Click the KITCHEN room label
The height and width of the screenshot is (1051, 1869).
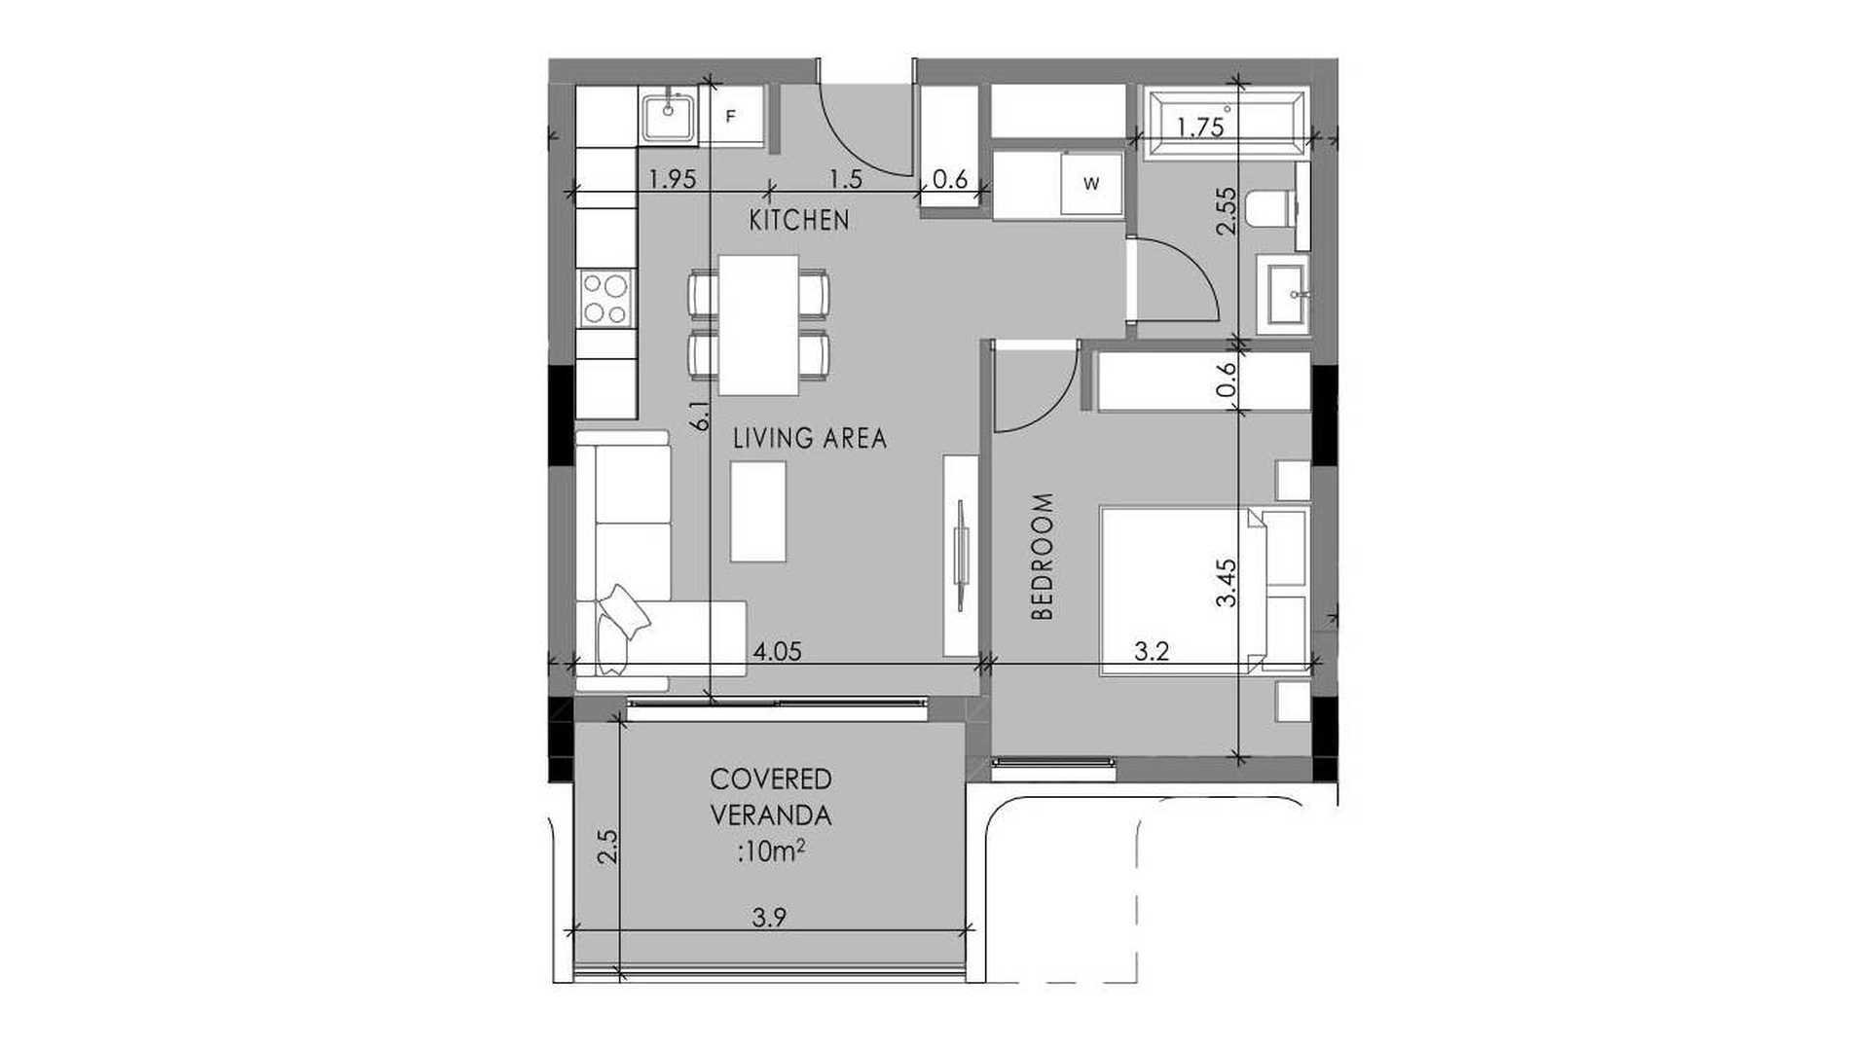799,221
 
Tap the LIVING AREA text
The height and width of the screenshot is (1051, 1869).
810,439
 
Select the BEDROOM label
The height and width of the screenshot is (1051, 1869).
1043,557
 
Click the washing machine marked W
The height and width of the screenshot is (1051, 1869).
1092,183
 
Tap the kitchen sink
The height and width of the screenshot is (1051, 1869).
669,116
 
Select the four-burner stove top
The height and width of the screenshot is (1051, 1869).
605,298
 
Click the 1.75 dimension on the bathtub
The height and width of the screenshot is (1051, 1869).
1200,128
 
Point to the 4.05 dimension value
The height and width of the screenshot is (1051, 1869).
778,651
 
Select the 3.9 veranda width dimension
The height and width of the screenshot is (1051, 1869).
769,918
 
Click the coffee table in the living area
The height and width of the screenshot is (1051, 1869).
758,511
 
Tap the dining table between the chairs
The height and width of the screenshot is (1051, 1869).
758,325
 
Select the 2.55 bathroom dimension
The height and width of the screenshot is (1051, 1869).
1227,210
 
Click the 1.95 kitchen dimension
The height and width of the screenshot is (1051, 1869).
671,179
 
